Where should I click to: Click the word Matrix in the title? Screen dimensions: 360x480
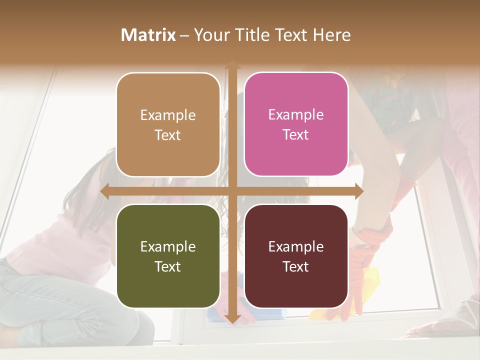point(148,35)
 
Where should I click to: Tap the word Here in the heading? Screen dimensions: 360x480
point(332,35)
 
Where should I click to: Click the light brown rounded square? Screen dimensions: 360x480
point(168,124)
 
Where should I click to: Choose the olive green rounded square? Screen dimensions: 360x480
point(168,256)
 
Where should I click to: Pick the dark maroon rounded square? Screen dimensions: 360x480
point(296,256)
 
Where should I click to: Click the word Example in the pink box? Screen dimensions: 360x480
point(296,114)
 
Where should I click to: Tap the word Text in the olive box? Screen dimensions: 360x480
point(168,266)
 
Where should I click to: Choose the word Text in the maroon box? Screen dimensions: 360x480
point(296,266)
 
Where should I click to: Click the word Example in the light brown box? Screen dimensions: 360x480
point(168,115)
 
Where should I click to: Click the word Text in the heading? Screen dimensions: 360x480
point(291,35)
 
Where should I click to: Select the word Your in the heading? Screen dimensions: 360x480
point(211,35)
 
